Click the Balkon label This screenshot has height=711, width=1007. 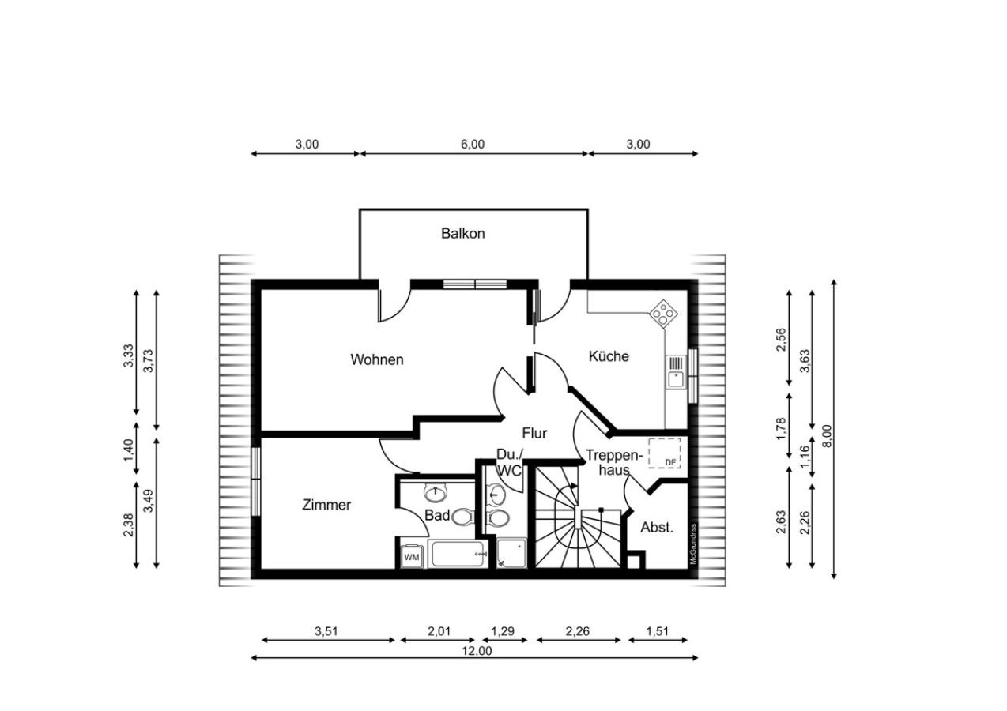(462, 234)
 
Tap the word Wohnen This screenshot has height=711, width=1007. (377, 359)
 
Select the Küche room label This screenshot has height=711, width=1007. (609, 356)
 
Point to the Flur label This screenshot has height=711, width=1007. (534, 433)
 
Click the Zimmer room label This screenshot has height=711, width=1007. (326, 505)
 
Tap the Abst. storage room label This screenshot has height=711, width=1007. (657, 527)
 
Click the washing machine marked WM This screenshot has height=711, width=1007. (411, 557)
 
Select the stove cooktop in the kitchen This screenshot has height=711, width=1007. (663, 312)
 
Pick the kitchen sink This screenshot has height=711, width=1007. (676, 372)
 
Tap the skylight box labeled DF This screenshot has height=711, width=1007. (664, 453)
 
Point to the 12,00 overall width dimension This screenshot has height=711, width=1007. (477, 651)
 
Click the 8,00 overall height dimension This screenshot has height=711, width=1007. (827, 435)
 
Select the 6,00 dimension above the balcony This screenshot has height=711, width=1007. (473, 145)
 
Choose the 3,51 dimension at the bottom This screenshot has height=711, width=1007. (326, 631)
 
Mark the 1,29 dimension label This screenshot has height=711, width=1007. (503, 631)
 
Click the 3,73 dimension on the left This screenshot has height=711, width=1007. (148, 361)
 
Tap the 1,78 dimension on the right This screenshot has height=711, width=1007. (780, 429)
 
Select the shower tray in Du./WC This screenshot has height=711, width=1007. (511, 553)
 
